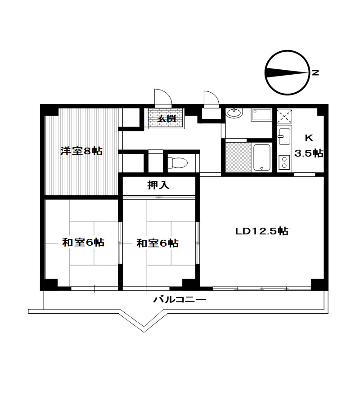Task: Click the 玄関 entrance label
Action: coord(167,118)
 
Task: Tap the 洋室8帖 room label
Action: coord(81,151)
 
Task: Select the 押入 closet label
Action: coord(158,185)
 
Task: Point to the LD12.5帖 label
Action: coord(262,231)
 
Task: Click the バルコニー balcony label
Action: coord(180,300)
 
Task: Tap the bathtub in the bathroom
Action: coord(262,157)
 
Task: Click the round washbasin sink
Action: coord(234,112)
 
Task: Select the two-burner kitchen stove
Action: coord(284,162)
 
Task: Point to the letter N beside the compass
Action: coord(315,72)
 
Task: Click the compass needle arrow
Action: coord(287,72)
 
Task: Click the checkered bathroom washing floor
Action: coord(238,157)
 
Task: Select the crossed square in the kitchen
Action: coord(284,116)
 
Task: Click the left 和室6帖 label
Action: coord(83,243)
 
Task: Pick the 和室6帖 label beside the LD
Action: coord(157,243)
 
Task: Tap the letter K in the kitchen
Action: coord(309,138)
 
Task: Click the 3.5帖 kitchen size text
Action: coord(309,153)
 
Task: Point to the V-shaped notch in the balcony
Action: coord(144,331)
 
